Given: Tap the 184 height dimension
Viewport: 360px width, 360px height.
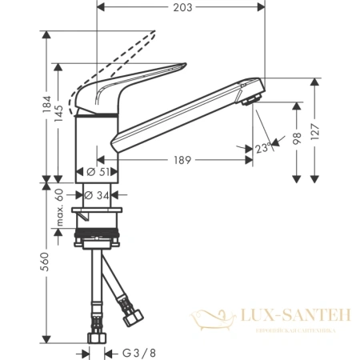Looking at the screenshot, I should tap(47, 103).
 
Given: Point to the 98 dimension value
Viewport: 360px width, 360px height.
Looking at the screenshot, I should tap(298, 137).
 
